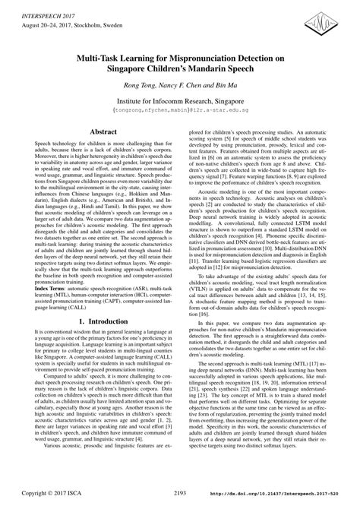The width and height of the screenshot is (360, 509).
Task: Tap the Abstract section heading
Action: coord(103,131)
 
